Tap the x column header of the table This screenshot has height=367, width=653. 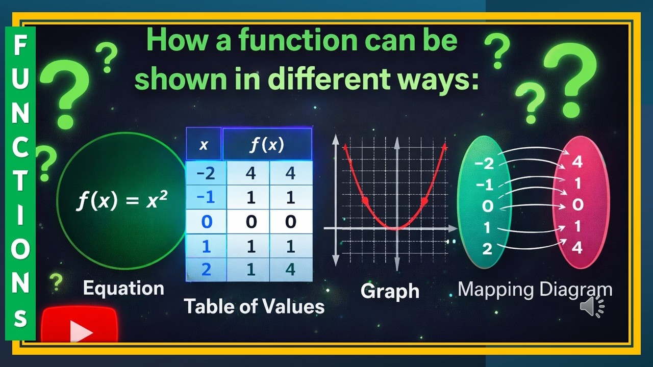(x=204, y=145)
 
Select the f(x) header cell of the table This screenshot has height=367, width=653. (x=267, y=145)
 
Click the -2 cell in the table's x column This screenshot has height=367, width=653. (x=205, y=173)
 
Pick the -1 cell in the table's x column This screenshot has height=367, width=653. (x=205, y=197)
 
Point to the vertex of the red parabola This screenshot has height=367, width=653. (x=396, y=228)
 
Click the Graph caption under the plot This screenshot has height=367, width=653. (x=390, y=291)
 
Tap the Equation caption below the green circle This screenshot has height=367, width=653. (x=123, y=288)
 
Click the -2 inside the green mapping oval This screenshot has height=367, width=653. (x=484, y=164)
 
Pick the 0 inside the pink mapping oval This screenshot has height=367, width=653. (x=577, y=205)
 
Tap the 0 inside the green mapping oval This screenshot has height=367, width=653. (x=488, y=206)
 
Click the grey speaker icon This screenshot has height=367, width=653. (x=592, y=306)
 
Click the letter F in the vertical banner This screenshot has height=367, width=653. (x=20, y=47)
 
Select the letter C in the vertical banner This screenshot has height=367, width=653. (x=20, y=150)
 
